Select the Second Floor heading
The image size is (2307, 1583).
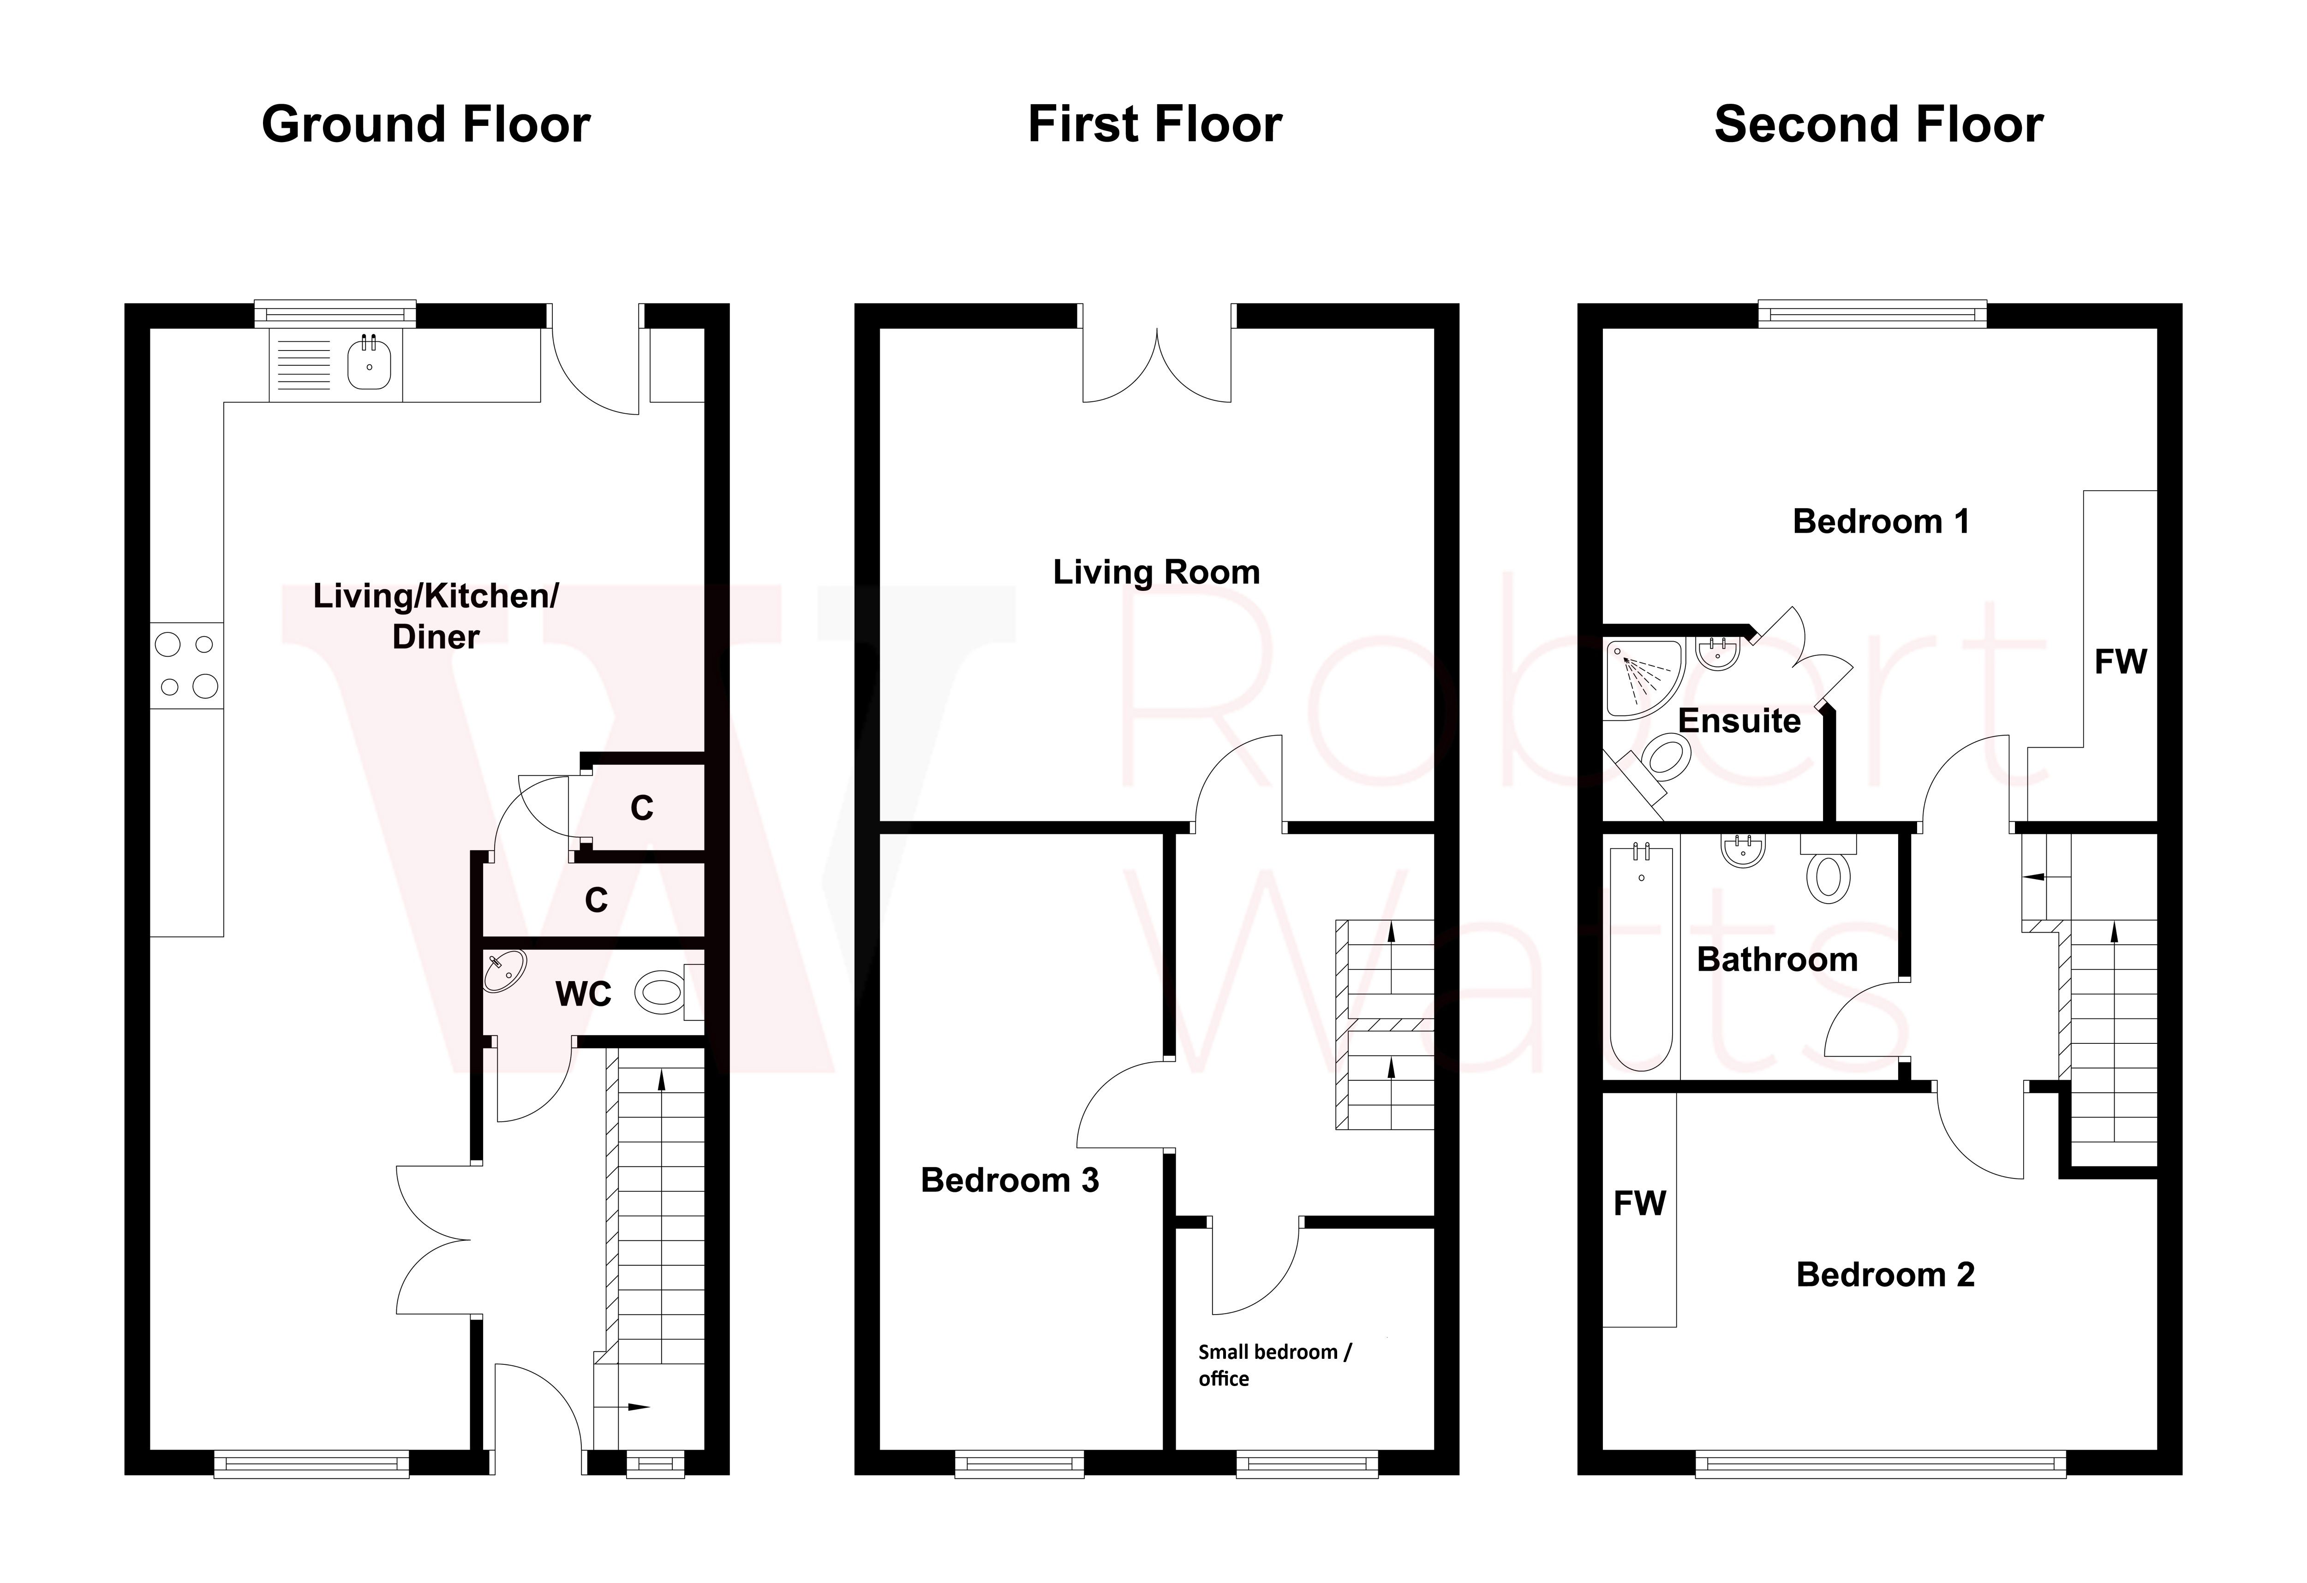click(x=1878, y=125)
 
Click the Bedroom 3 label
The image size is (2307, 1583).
click(x=1010, y=1180)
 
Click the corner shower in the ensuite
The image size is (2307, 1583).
click(x=1643, y=678)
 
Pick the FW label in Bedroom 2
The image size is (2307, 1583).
click(x=1639, y=1203)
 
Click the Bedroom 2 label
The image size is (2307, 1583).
click(x=1885, y=1274)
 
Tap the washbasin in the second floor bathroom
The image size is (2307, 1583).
click(x=1743, y=851)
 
